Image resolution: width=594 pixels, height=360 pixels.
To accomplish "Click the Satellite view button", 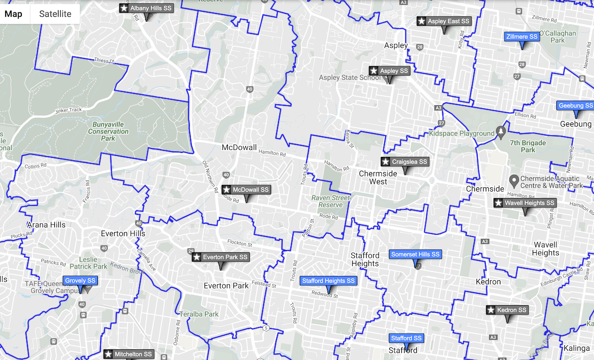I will tap(55, 14).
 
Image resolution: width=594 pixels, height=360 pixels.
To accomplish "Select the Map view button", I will tap(13, 14).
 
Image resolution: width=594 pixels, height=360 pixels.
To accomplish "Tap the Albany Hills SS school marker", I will tap(146, 8).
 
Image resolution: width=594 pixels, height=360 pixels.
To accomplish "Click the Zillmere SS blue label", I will tap(522, 37).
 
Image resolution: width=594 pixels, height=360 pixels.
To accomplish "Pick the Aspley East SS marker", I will tap(444, 21).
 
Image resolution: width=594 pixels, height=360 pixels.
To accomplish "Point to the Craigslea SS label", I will tap(405, 162).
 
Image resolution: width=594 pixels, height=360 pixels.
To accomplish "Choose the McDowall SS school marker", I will tap(246, 190).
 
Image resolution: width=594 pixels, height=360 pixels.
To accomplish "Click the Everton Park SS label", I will tap(221, 257).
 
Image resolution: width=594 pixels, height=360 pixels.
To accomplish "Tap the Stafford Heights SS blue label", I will tap(329, 281).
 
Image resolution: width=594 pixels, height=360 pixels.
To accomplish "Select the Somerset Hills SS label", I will tap(415, 254).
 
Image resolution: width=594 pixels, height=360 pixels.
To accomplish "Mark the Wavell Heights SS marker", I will tap(525, 203).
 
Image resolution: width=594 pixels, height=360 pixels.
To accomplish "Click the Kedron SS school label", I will tap(507, 310).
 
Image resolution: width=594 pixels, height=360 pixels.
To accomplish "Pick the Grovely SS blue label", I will tap(80, 281).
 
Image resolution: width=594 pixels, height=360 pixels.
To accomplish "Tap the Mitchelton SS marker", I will tap(129, 354).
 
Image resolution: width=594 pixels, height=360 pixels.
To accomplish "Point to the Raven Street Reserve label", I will tap(330, 201).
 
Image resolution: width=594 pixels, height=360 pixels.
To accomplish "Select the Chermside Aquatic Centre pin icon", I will tap(514, 180).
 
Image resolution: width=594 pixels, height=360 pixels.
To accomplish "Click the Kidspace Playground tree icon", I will tap(501, 133).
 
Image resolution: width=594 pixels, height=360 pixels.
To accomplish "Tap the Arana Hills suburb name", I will tap(46, 225).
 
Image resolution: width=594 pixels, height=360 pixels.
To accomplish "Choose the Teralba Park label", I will tap(200, 314).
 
